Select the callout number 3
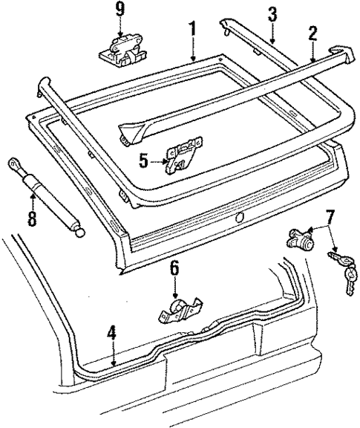[272, 13]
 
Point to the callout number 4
[111, 333]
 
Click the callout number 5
[145, 158]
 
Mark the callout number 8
[32, 220]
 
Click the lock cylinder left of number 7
[298, 239]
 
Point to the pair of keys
[343, 271]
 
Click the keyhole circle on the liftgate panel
[238, 218]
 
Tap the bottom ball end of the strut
[79, 231]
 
